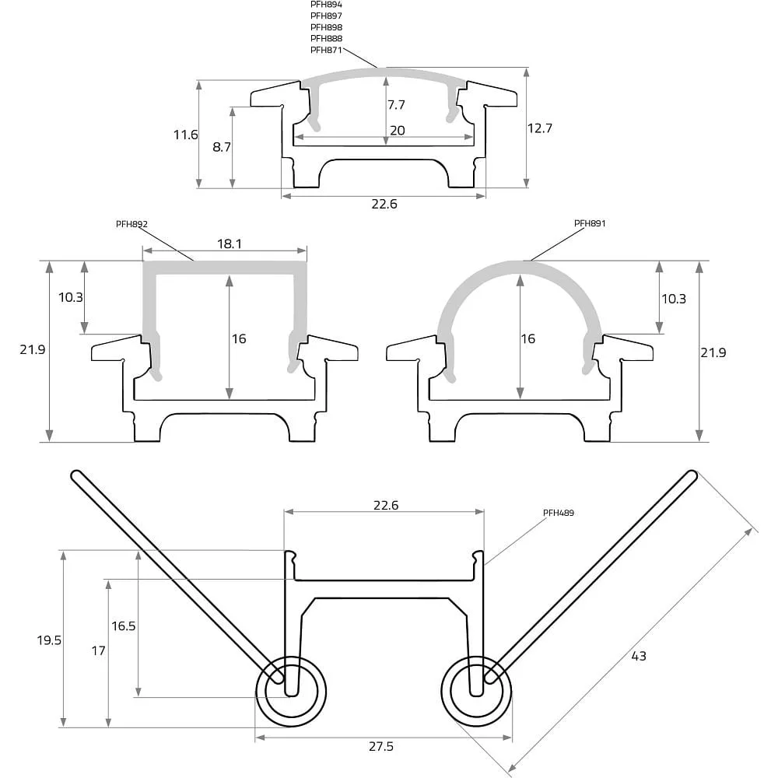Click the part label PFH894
[x=326, y=5]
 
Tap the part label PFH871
[x=326, y=50]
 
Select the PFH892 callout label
[x=131, y=224]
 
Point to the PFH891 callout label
[x=590, y=223]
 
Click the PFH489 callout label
[x=558, y=513]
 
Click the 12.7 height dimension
[x=539, y=128]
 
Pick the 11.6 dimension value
[x=186, y=135]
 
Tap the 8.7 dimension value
[x=221, y=147]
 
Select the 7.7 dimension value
[x=396, y=105]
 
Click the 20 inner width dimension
[x=397, y=130]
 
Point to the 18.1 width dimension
[x=230, y=244]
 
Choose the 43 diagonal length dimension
[x=639, y=656]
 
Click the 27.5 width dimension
[x=381, y=746]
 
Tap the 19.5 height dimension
[x=49, y=640]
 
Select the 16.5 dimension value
[x=123, y=626]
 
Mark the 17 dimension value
[x=98, y=650]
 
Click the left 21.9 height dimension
[x=32, y=349]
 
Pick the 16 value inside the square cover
[x=239, y=338]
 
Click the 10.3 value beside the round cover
[x=673, y=299]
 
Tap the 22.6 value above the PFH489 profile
[x=386, y=505]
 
